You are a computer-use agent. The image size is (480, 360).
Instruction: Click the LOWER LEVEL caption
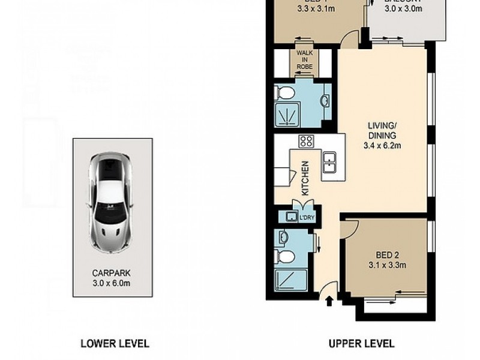(x=115, y=344)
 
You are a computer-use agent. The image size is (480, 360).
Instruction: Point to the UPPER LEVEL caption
(x=361, y=344)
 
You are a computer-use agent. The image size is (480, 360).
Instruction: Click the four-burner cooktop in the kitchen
(x=306, y=142)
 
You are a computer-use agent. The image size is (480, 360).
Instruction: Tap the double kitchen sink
(x=329, y=162)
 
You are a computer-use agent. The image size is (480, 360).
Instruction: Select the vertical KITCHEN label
(x=305, y=178)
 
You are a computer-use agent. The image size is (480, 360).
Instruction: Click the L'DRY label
(x=307, y=217)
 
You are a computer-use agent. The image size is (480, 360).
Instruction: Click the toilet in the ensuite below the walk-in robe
(x=284, y=93)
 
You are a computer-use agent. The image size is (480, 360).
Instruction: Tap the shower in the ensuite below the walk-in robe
(x=289, y=115)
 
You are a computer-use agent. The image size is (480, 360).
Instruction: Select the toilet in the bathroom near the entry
(x=285, y=257)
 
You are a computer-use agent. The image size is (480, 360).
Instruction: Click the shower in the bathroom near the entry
(x=291, y=280)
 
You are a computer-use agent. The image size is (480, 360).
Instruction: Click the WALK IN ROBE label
(x=304, y=60)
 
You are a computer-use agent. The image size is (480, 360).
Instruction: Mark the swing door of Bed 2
(x=350, y=227)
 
